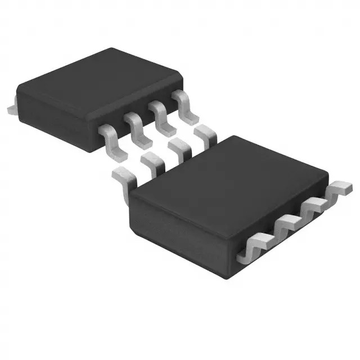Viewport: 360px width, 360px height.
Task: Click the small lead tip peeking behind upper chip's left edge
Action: tap(10, 106)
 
